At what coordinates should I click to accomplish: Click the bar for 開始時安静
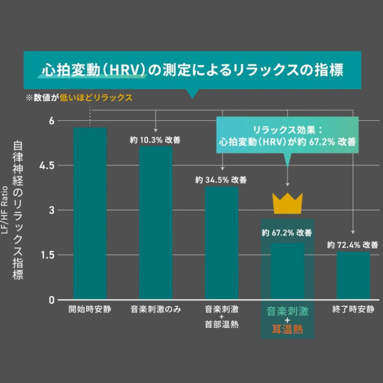[90, 213]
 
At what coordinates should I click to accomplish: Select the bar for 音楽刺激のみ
[156, 223]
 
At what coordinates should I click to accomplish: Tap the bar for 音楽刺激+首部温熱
[221, 243]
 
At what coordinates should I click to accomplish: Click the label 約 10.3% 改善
[156, 140]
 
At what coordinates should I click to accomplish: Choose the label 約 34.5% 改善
[221, 180]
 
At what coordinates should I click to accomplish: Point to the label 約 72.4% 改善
[352, 245]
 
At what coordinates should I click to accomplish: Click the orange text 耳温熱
[287, 330]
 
